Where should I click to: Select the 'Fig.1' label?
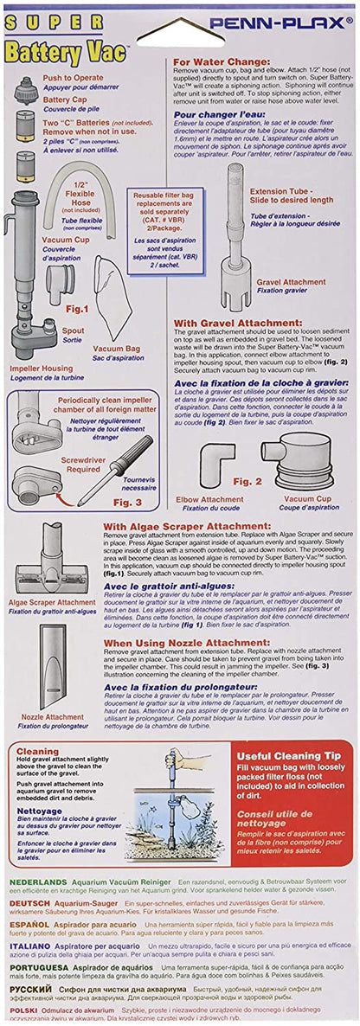77,308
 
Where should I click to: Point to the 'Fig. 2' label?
247,480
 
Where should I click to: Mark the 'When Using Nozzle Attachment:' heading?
190,643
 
